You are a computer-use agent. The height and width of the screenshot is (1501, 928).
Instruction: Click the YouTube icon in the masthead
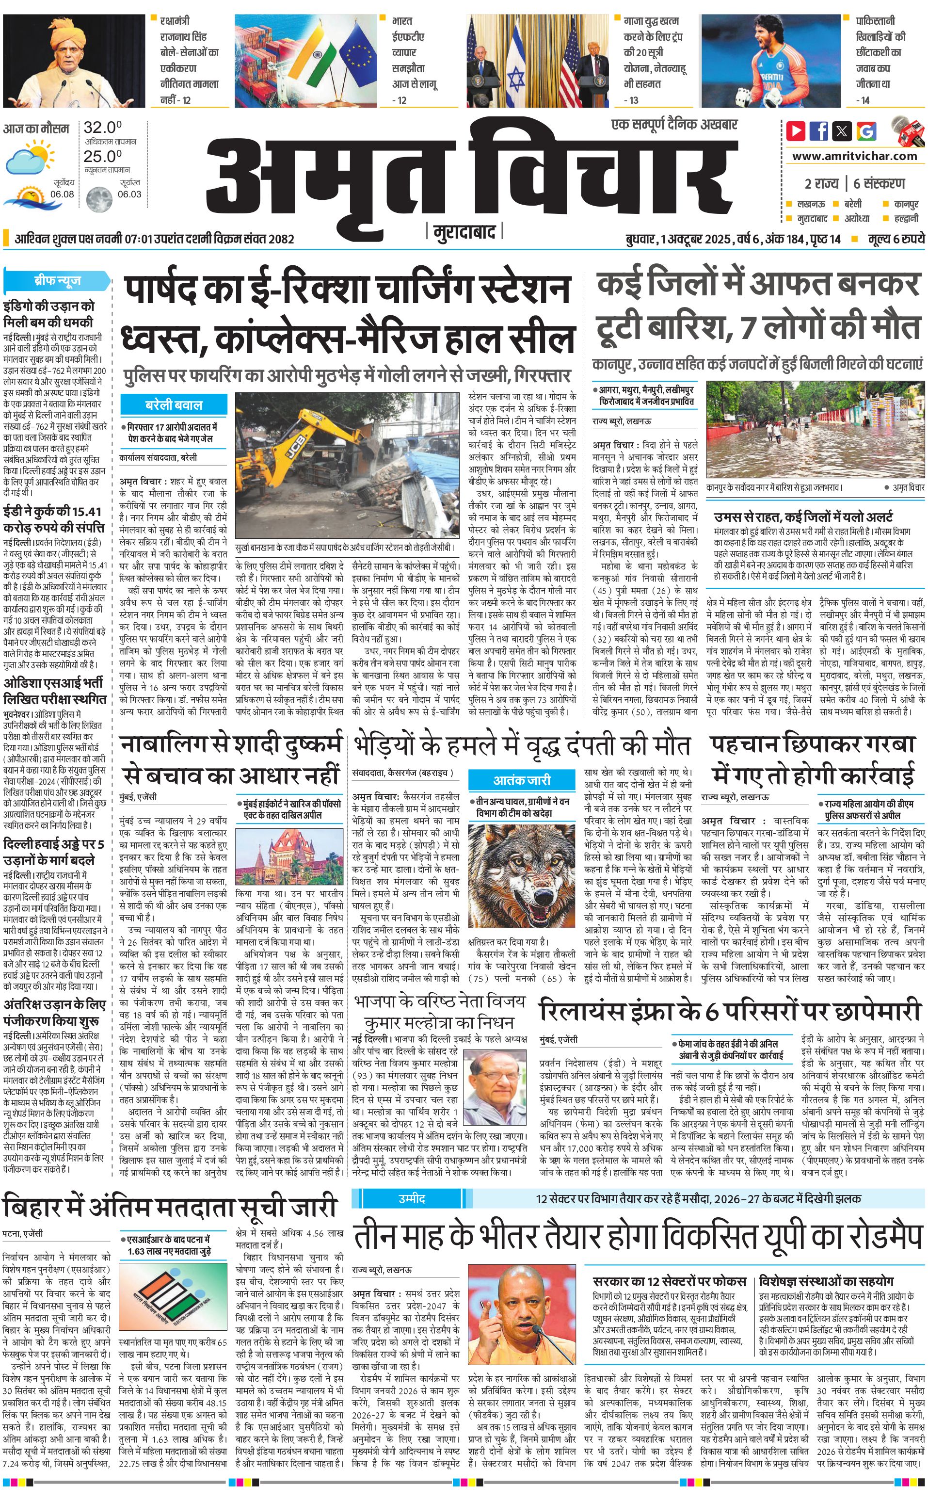coord(796,131)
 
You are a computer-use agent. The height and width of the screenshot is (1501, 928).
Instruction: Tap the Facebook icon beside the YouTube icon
coord(819,131)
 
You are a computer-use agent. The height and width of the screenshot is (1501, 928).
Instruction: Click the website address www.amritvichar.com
coord(854,156)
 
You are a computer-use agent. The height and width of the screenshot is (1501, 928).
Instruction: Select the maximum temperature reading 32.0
coord(102,128)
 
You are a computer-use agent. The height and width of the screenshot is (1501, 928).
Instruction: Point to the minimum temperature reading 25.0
coord(102,157)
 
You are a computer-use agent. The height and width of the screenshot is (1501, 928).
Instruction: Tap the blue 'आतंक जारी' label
coord(522,780)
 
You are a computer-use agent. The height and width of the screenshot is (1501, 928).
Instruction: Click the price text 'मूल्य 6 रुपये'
coord(896,239)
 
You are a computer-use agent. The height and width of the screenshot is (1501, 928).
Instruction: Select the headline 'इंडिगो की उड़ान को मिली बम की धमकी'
coord(49,314)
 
